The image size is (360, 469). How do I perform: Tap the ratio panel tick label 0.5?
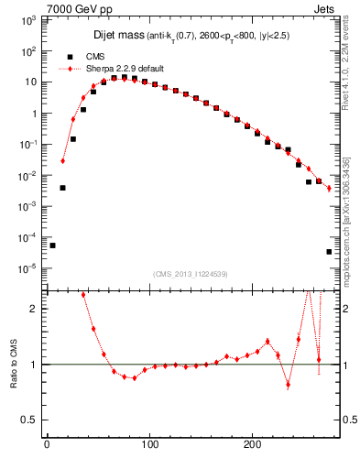(x=30, y=420)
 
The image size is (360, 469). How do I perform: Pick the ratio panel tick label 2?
(x=34, y=309)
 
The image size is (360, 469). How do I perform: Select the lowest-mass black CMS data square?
(x=52, y=245)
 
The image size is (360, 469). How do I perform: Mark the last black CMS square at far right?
(x=329, y=251)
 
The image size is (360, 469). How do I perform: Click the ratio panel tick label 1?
(x=34, y=365)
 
